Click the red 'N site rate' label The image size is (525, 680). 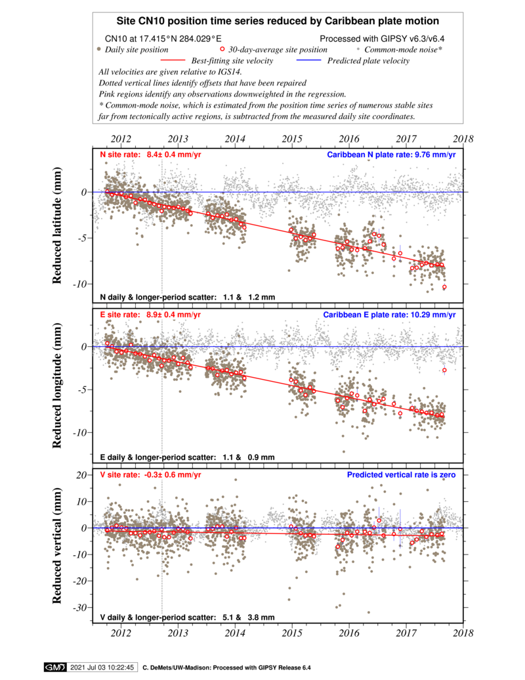pyautogui.click(x=150, y=155)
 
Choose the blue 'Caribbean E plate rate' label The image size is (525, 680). pyautogui.click(x=389, y=315)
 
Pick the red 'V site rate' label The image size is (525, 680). pyautogui.click(x=150, y=474)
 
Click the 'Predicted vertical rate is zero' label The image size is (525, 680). pyautogui.click(x=401, y=474)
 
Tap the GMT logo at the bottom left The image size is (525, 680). pyautogui.click(x=54, y=668)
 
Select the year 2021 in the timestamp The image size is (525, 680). pyautogui.click(x=79, y=668)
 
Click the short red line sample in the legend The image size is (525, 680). pyautogui.click(x=173, y=60)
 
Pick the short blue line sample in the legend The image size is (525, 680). pyautogui.click(x=308, y=60)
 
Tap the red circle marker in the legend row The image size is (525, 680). pyautogui.click(x=222, y=49)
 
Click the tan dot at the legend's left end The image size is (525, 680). pyautogui.click(x=98, y=49)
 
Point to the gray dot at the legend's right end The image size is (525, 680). pyautogui.click(x=358, y=49)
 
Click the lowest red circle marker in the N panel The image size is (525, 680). pyautogui.click(x=444, y=286)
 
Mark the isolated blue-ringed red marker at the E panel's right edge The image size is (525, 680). pyautogui.click(x=444, y=370)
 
